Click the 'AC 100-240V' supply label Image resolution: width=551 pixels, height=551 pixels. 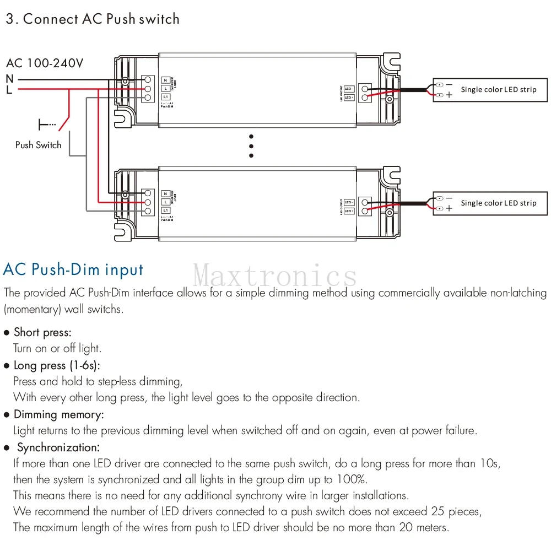[x=45, y=63]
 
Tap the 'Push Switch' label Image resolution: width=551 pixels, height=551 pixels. [x=38, y=145]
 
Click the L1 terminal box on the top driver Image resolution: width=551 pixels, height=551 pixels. [x=166, y=97]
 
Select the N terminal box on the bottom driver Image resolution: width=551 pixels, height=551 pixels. [x=166, y=194]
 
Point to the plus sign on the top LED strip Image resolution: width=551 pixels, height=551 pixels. [x=449, y=95]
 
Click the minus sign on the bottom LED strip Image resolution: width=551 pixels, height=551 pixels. [x=449, y=198]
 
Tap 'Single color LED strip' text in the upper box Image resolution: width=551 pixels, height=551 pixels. [x=498, y=89]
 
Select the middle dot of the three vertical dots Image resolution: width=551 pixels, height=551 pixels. [x=251, y=146]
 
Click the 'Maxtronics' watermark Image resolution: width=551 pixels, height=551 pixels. [x=275, y=274]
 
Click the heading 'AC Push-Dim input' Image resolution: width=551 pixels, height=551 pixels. [x=73, y=269]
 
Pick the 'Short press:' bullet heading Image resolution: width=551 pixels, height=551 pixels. [x=42, y=332]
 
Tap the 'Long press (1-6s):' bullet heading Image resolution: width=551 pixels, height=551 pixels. [x=57, y=365]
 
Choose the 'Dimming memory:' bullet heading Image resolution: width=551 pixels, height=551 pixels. [x=58, y=414]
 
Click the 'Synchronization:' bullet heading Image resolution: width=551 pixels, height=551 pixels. [x=58, y=447]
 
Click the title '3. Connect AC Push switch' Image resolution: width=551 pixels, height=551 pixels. [x=92, y=19]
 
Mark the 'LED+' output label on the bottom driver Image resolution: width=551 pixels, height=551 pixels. [x=348, y=210]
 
